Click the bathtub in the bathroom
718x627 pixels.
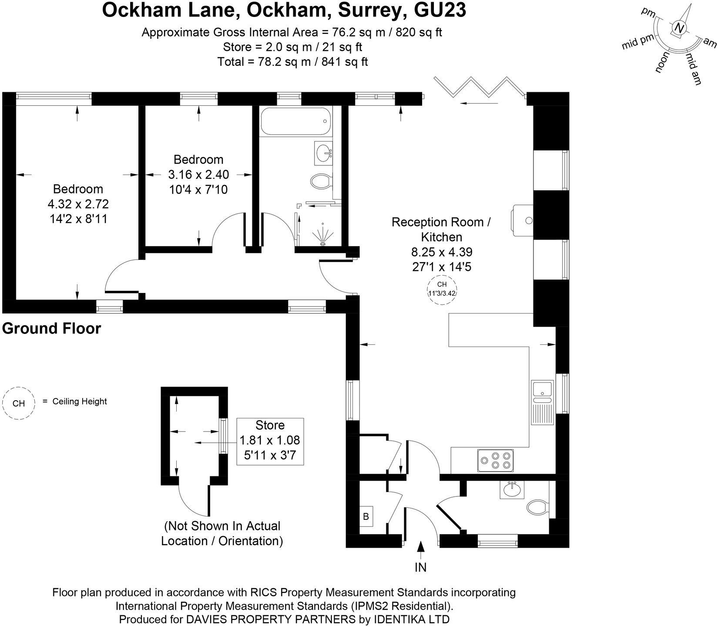tap(295, 121)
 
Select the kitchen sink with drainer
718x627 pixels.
tap(542, 403)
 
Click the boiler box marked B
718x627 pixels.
tap(366, 516)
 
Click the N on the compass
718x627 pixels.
tap(679, 28)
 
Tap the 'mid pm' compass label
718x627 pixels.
tap(638, 43)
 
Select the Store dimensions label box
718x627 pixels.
tap(270, 441)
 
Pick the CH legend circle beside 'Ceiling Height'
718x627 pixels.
tap(19, 403)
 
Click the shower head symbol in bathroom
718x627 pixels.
tap(323, 235)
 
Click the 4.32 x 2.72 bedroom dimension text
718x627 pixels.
tap(78, 204)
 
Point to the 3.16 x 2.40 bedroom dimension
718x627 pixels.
tap(198, 175)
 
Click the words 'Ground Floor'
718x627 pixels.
tap(51, 328)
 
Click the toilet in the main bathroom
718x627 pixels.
tap(322, 181)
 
